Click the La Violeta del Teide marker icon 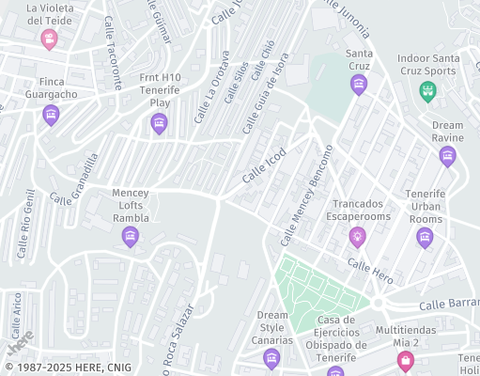pos(50,39)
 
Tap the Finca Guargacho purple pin pos(52,115)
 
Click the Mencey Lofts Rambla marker pos(131,236)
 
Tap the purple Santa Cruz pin pos(358,86)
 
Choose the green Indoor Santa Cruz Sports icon pos(427,91)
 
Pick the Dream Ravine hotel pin pos(447,155)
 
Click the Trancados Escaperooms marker pos(356,235)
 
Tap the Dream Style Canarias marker pos(271,357)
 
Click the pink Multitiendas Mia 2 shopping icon pos(406,362)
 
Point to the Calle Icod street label pos(263,168)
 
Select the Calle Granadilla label pos(74,180)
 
